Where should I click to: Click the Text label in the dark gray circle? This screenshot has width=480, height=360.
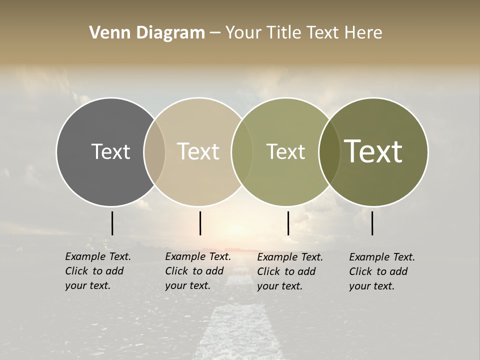point(110,151)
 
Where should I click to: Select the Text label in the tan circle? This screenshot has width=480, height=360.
point(198,151)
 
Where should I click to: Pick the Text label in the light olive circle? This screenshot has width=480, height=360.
point(285,151)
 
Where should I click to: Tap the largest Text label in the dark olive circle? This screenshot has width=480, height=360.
point(373,151)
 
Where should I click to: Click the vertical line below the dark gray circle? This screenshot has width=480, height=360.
point(112,223)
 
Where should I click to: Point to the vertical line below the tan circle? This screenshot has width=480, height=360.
point(200,223)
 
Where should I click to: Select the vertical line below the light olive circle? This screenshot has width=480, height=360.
point(288,223)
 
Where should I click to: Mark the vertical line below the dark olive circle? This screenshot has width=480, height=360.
point(372,223)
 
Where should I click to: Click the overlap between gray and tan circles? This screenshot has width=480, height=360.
point(154,151)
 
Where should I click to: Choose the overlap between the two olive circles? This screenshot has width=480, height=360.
point(328,151)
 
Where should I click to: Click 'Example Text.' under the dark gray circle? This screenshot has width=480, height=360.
point(98,256)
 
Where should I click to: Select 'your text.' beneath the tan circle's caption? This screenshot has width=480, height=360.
point(187,285)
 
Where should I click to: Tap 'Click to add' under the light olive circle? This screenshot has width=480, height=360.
point(286,271)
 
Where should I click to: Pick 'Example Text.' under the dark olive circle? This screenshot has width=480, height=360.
point(382,257)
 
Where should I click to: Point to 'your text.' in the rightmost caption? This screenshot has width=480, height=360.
point(371,286)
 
